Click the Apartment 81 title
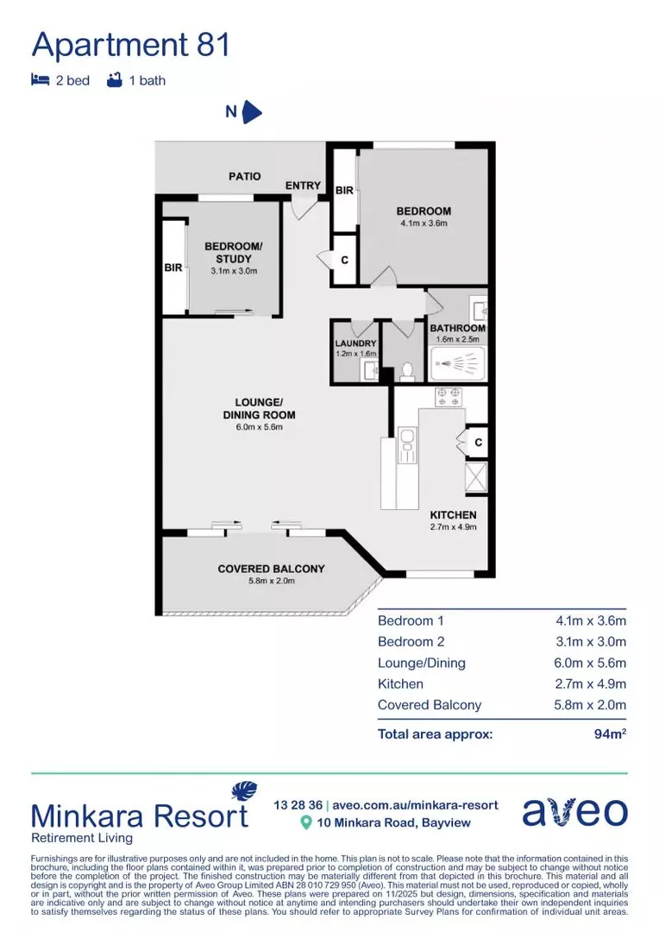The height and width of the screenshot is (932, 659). (131, 45)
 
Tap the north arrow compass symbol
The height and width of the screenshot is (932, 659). (252, 112)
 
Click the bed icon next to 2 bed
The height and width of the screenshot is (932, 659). (40, 80)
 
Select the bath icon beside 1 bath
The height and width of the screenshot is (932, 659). (114, 80)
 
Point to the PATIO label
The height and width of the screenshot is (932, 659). (244, 176)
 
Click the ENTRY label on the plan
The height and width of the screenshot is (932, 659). (303, 186)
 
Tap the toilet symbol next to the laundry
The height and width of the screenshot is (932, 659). (408, 371)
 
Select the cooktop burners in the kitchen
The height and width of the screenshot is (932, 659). (448, 397)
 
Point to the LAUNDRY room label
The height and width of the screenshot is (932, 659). (355, 343)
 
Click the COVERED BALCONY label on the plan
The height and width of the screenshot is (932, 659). (271, 569)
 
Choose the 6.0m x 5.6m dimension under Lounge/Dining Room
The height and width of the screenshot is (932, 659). (259, 426)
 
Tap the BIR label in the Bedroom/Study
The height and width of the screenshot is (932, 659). (173, 268)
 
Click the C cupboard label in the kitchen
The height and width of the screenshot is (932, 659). (478, 443)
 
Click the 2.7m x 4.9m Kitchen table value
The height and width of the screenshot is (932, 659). (591, 683)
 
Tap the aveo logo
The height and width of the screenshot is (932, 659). (574, 812)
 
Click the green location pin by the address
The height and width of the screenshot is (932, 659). (304, 822)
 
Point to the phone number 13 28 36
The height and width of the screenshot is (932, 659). (297, 804)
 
